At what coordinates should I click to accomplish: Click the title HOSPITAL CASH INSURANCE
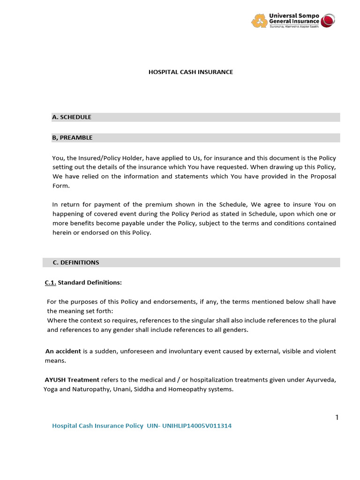191,72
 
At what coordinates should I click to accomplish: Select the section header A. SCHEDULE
72,117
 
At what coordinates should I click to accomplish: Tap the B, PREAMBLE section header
72,138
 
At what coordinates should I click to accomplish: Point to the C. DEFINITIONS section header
75,262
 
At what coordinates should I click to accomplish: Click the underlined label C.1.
50,283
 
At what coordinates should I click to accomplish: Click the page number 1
337,418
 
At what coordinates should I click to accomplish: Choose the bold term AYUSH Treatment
72,380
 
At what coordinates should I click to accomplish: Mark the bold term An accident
63,351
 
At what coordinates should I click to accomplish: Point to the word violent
325,351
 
